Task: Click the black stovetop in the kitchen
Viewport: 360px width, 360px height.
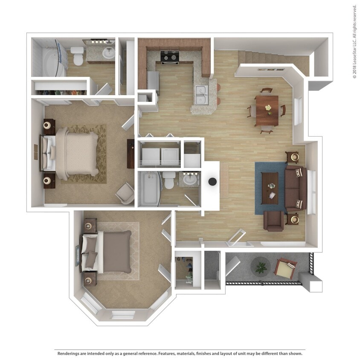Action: (x=169, y=57)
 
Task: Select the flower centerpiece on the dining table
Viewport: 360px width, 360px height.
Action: (x=268, y=108)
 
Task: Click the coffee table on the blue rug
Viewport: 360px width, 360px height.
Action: (x=270, y=187)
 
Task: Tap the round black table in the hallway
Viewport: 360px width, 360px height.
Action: (x=212, y=181)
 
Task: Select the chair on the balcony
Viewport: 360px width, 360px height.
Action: (x=285, y=268)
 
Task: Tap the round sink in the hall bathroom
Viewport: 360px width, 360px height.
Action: (x=190, y=180)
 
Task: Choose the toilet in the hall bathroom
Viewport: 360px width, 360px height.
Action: (x=169, y=180)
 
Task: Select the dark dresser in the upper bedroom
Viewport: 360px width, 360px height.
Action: (x=131, y=154)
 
